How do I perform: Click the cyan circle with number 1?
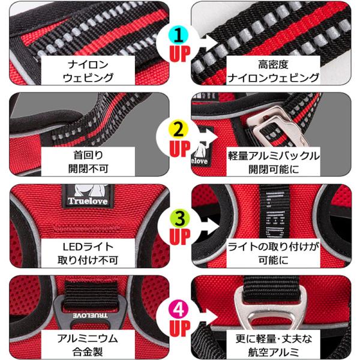tap(178, 35)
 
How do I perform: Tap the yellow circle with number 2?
tap(178, 129)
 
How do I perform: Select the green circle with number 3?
tap(180, 218)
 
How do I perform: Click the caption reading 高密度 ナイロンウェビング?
tap(273, 71)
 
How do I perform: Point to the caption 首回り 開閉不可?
tap(88, 162)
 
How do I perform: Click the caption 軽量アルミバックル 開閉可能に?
tap(273, 163)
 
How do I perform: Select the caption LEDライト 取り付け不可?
tap(88, 253)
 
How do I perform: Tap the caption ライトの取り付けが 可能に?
tap(273, 253)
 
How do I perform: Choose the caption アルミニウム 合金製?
tap(88, 345)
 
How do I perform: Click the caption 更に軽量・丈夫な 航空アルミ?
tap(273, 345)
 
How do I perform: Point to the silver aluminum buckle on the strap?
tap(277, 127)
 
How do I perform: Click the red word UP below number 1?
tap(180, 54)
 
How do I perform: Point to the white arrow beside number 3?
tap(210, 226)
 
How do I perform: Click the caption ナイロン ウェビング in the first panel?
tap(88, 71)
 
